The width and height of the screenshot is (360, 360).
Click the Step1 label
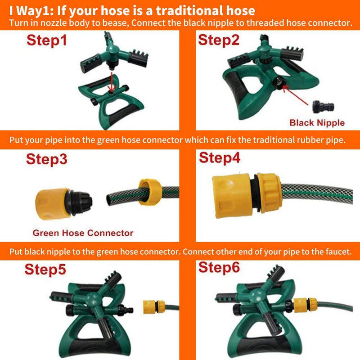click(47, 40)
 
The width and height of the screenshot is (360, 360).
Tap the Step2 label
click(219, 40)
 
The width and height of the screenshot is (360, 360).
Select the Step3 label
click(47, 159)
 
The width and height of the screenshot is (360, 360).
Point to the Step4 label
click(220, 158)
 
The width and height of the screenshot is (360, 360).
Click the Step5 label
click(45, 269)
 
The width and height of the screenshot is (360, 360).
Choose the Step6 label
click(219, 267)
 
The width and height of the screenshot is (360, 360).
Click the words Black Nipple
click(317, 122)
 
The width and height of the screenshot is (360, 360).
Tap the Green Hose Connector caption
click(83, 233)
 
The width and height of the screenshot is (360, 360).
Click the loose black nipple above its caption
click(323, 107)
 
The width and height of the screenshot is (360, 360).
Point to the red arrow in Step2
click(296, 95)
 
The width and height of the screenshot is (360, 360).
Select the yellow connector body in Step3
click(53, 204)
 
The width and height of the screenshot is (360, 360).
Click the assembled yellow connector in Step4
click(246, 196)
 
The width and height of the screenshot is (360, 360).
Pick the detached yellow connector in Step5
click(154, 307)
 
